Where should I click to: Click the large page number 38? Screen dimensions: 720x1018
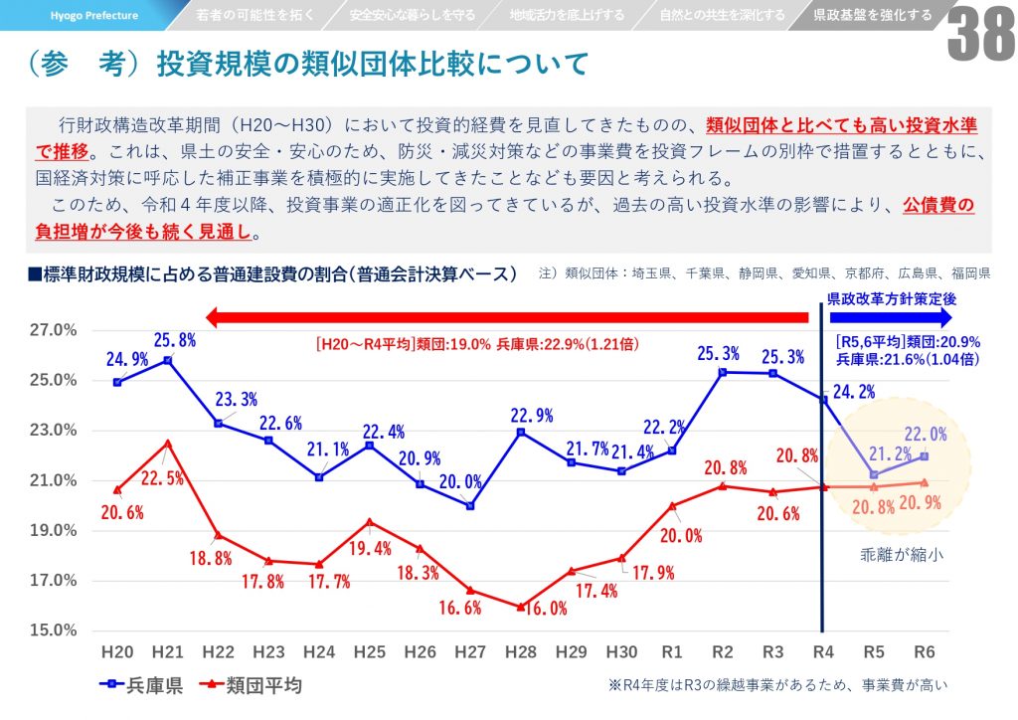978,38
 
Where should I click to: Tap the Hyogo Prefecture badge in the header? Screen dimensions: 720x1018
95,15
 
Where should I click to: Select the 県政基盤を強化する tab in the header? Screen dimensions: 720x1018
872,15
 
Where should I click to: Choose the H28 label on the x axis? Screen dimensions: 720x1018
521,652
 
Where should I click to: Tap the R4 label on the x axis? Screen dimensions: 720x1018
822,652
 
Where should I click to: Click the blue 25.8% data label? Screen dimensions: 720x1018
173,339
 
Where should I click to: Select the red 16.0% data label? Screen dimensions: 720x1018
543,609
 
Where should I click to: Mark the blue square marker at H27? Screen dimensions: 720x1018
470,505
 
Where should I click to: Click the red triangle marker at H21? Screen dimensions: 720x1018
168,443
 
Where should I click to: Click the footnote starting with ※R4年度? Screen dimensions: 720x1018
776,685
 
